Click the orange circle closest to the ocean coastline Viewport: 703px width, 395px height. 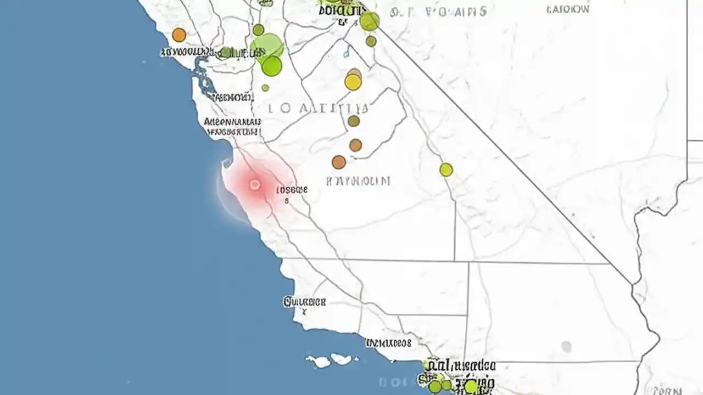pyautogui.click(x=179, y=35)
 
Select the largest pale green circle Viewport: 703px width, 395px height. pyautogui.click(x=266, y=46)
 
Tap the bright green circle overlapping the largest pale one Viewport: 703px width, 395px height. pyautogui.click(x=271, y=66)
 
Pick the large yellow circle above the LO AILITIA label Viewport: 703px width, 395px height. pyautogui.click(x=353, y=82)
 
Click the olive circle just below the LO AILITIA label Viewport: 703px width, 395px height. pyautogui.click(x=354, y=121)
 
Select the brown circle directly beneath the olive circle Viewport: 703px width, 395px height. pyautogui.click(x=355, y=145)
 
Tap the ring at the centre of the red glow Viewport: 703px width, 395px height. pyautogui.click(x=255, y=185)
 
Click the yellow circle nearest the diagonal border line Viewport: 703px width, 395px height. pyautogui.click(x=446, y=170)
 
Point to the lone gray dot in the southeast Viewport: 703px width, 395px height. pyautogui.click(x=566, y=347)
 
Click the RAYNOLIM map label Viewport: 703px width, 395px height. pyautogui.click(x=358, y=180)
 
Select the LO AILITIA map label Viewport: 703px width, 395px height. pyautogui.click(x=319, y=108)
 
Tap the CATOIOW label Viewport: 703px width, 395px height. pyautogui.click(x=568, y=10)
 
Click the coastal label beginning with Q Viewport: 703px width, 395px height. pyautogui.click(x=304, y=302)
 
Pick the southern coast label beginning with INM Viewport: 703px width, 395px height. pyautogui.click(x=388, y=343)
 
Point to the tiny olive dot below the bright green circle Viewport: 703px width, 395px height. pyautogui.click(x=265, y=88)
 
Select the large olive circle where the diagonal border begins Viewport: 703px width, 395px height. pyautogui.click(x=370, y=21)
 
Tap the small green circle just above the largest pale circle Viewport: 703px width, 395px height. pyautogui.click(x=258, y=30)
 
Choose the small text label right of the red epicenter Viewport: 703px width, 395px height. pyautogui.click(x=292, y=190)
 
